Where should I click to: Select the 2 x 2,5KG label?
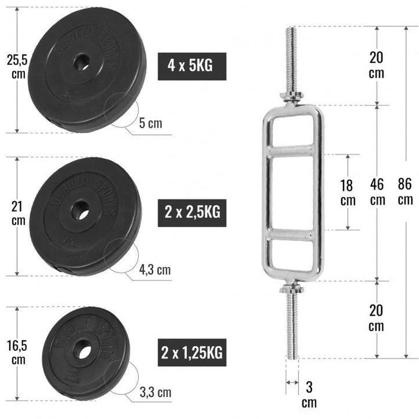tap(191, 212)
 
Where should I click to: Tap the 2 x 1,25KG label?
tap(192, 351)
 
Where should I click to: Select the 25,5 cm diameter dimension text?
tap(15, 66)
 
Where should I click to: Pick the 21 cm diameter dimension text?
tap(18, 212)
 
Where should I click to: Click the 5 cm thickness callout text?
tap(151, 123)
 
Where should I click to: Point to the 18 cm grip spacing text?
tap(348, 192)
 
